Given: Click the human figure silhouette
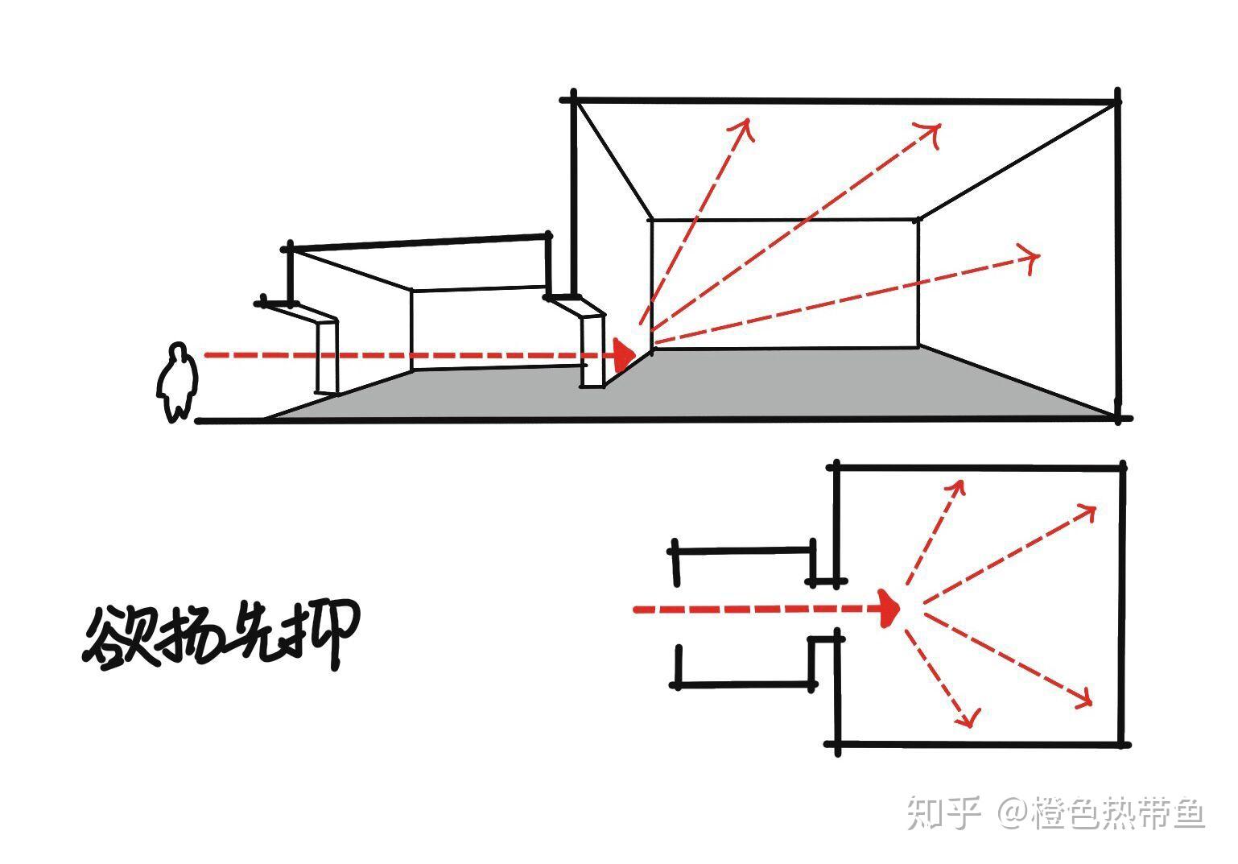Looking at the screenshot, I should (176, 383).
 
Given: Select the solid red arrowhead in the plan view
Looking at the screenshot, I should (889, 609).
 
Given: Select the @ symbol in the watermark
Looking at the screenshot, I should (1015, 812).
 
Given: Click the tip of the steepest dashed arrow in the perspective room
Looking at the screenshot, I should (748, 122).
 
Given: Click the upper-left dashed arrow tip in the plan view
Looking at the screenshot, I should (960, 483).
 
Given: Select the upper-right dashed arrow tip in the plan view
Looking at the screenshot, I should (1093, 508).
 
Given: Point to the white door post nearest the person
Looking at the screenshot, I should (327, 357).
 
